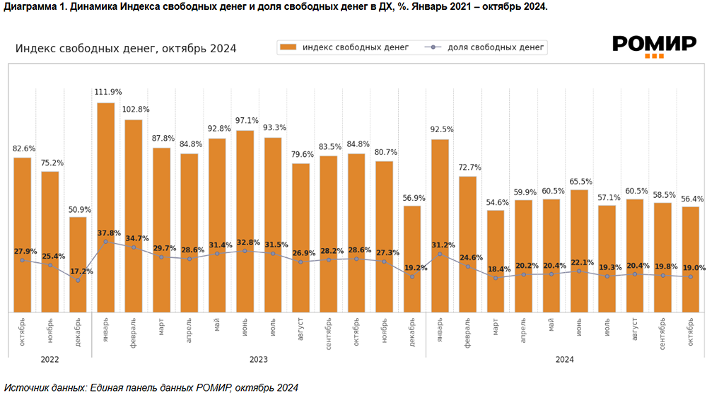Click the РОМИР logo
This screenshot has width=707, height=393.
click(654, 46)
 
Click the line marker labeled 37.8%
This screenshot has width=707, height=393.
click(106, 242)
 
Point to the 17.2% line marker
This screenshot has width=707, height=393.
click(78, 280)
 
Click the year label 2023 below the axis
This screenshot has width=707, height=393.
click(259, 359)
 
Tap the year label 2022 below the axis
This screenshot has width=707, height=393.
click(50, 359)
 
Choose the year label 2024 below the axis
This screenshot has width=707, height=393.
click(565, 359)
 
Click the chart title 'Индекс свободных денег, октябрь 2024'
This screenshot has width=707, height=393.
click(126, 48)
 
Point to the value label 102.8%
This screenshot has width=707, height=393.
click(134, 110)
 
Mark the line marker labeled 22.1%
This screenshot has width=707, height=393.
click(580, 271)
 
